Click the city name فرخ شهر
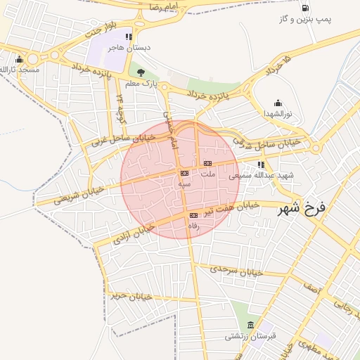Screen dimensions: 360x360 [303, 208]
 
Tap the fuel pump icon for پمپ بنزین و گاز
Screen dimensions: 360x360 [304, 8]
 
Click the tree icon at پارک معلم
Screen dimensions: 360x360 [141, 72]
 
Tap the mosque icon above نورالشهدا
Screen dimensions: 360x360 [278, 103]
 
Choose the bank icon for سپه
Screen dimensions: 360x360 [184, 172]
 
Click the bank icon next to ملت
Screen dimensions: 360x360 [207, 163]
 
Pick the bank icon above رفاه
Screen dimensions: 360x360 [194, 214]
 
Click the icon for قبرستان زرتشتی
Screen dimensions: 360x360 [251, 325]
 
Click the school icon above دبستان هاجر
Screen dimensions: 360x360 [128, 37]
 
